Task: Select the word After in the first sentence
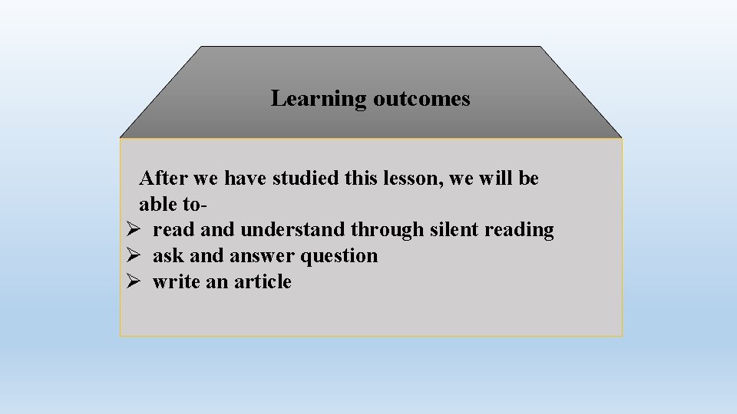[164, 179]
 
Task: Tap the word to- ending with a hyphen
[195, 205]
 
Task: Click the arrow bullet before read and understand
[131, 230]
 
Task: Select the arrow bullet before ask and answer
[131, 256]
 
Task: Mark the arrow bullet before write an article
[131, 282]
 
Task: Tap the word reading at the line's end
[519, 230]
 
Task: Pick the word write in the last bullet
[176, 282]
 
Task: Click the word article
[263, 282]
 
